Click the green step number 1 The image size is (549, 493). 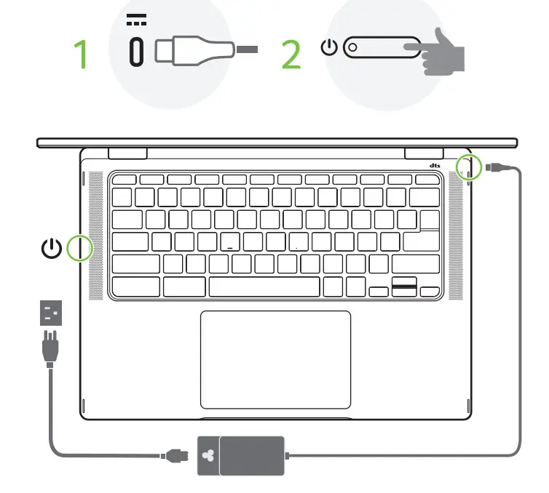click(83, 55)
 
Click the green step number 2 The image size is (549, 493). click(291, 55)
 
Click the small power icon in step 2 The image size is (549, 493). click(330, 48)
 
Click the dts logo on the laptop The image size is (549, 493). click(435, 166)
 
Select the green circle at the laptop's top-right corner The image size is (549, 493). click(469, 168)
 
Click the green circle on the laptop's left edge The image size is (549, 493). click(79, 248)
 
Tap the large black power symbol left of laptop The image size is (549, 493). click(51, 249)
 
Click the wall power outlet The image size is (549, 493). click(51, 313)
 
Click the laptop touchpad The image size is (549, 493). click(275, 359)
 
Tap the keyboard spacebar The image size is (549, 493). click(264, 286)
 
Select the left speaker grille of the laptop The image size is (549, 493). click(95, 236)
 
